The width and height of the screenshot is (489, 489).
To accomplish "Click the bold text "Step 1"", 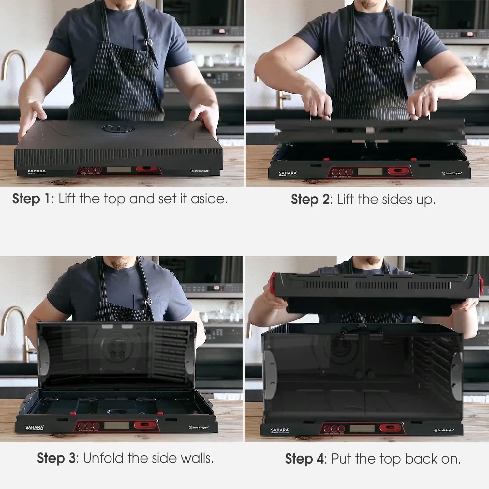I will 31,199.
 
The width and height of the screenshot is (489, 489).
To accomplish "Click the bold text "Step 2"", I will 310,200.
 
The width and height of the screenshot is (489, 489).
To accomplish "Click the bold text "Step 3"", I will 56,458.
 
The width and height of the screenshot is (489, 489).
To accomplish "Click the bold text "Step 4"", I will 304,459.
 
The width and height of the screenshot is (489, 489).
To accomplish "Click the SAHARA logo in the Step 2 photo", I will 288,173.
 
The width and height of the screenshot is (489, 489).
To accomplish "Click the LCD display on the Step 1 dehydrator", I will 119,170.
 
